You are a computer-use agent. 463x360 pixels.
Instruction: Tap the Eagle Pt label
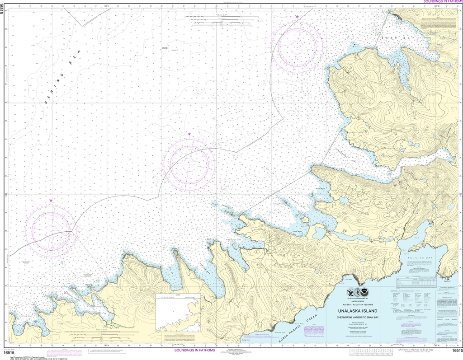coord(448,281)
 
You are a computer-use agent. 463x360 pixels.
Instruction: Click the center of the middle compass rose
coord(189,163)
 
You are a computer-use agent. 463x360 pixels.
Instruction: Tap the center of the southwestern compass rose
coord(51,229)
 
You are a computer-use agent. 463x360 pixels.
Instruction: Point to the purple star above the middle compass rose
coord(189,134)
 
